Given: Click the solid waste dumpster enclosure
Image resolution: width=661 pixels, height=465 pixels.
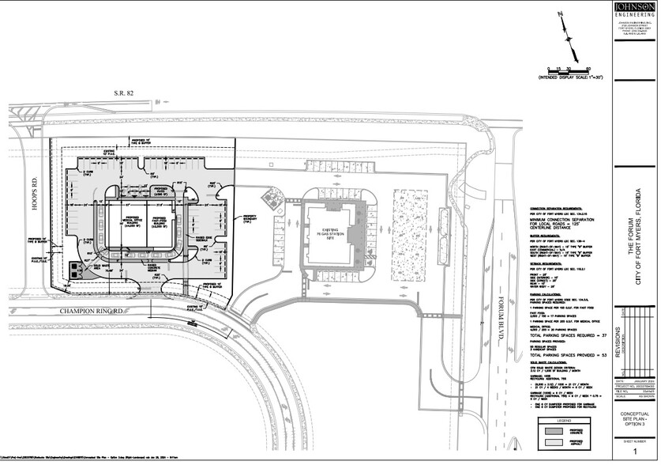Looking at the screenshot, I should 76,269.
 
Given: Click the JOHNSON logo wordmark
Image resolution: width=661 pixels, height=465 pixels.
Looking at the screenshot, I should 636,9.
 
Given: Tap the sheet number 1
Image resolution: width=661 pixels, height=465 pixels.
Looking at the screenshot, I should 634,450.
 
